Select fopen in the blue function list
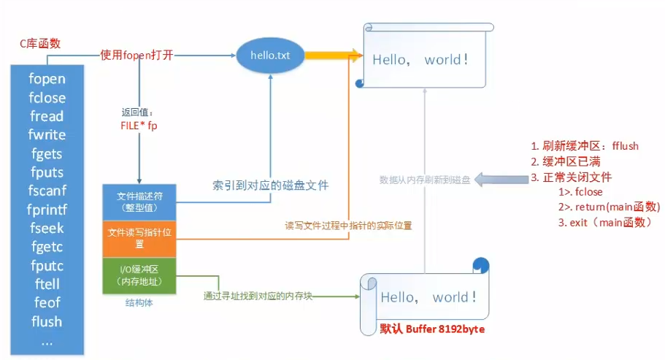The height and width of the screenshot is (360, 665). click(x=47, y=79)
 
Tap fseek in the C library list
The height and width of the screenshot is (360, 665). click(x=47, y=228)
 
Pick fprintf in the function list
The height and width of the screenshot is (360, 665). click(x=47, y=210)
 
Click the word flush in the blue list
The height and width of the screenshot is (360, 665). click(x=47, y=321)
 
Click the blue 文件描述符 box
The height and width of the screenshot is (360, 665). click(x=141, y=201)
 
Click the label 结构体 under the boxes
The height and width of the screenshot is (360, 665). click(x=140, y=302)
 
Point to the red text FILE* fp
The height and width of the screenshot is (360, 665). click(x=139, y=125)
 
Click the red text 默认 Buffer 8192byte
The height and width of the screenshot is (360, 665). click(x=432, y=329)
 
